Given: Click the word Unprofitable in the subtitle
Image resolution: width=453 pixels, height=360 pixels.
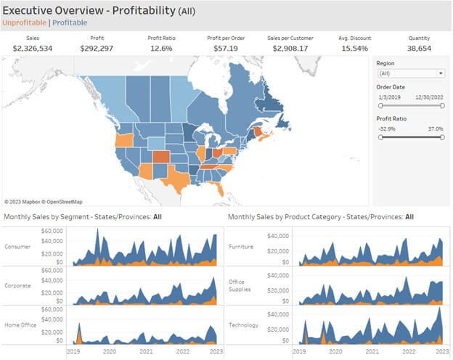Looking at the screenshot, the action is coord(24,22).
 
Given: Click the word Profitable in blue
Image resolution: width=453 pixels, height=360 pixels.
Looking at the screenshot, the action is coord(70,22).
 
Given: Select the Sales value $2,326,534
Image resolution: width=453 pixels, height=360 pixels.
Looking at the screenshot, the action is coord(33,48).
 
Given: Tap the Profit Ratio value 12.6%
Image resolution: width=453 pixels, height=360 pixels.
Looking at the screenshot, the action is coord(161,48).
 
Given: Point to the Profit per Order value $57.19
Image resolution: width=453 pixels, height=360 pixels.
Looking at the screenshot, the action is coord(226,48).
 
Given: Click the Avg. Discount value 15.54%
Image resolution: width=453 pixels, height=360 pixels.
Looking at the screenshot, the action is coord(355,48).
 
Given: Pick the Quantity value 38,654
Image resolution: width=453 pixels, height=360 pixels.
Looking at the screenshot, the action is coord(419,48).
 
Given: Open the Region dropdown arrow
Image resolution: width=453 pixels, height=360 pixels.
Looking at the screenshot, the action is coord(441,73).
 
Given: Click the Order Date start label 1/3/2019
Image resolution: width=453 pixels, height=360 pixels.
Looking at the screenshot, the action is coord(389,97).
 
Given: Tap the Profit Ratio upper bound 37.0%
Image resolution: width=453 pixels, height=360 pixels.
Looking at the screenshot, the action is coord(436,129).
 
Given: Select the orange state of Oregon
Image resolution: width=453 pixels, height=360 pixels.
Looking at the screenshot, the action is coord(124,140).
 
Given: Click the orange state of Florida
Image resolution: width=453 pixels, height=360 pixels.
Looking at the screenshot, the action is coord(219,189).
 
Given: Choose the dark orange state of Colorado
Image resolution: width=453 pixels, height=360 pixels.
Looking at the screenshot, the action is coord(161,157).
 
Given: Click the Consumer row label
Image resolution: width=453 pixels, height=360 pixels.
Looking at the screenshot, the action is coord(17,247).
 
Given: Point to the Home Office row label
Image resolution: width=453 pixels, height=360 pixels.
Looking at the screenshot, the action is coord(20,325).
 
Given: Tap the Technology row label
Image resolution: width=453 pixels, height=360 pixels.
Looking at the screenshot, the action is coord(243,325).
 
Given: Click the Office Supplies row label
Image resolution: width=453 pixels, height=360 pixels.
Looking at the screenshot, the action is coord(240,285).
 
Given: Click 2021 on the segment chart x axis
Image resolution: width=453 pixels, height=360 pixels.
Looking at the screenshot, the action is coord(146,351).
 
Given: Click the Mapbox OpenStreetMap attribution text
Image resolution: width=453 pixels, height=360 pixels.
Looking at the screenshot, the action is coord(44,202).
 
